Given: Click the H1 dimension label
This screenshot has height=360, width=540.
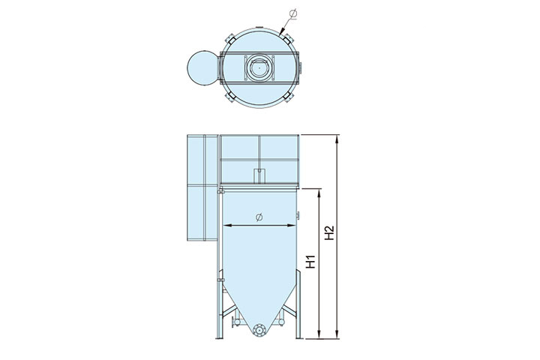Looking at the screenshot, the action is click(x=311, y=262).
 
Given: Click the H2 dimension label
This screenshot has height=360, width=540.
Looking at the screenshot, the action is click(x=329, y=233).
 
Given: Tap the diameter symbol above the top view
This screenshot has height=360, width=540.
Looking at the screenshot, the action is click(x=293, y=14).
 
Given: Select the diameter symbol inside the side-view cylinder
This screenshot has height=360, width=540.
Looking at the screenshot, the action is click(x=259, y=217).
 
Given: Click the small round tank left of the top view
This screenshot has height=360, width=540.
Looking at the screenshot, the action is click(x=202, y=67).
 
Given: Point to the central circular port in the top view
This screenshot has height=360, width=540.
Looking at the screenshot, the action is click(x=258, y=67).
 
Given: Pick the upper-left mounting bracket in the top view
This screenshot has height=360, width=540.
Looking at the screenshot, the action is click(x=230, y=38).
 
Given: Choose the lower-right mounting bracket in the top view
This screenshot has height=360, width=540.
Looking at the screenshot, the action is click(x=288, y=97).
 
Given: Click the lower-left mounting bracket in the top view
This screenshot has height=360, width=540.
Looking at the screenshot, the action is click(x=229, y=97).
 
